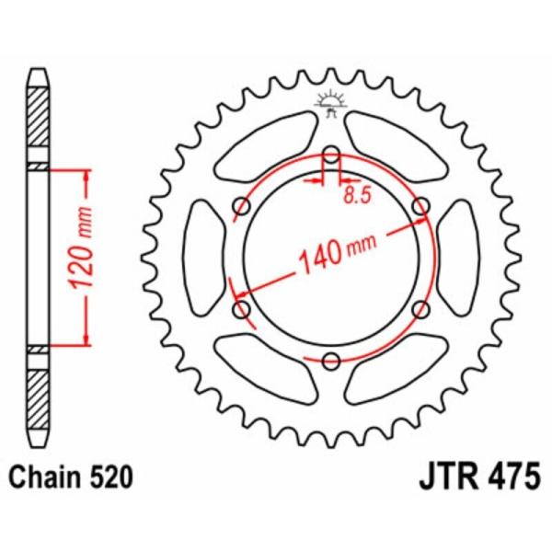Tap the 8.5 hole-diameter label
pyautogui.click(x=357, y=195)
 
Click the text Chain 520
pyautogui.click(x=71, y=477)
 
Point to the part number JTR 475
pyautogui.click(x=479, y=477)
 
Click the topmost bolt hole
pyautogui.click(x=331, y=155)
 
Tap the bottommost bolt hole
pyautogui.click(x=331, y=361)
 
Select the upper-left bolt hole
pyautogui.click(x=242, y=206)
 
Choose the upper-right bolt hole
pyautogui.click(x=421, y=206)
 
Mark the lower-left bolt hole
pyautogui.click(x=242, y=309)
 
